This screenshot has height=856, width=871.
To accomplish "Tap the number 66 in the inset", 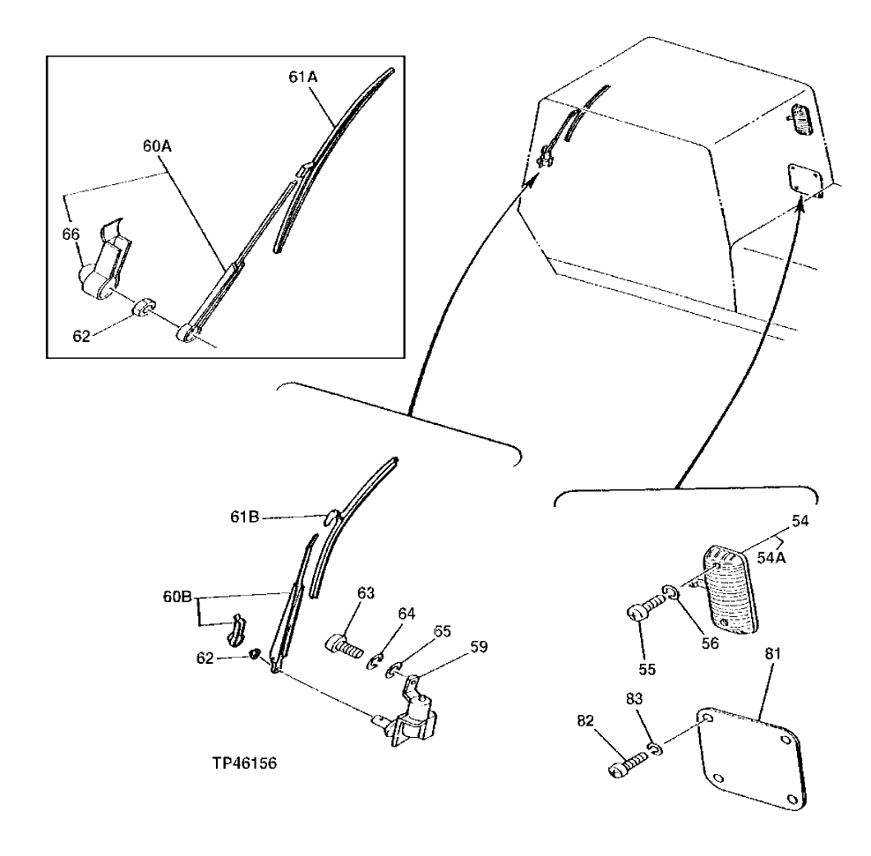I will pos(71,234).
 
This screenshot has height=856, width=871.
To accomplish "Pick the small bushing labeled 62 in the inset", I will pos(141,309).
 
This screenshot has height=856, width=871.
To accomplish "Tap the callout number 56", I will pos(710,644).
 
